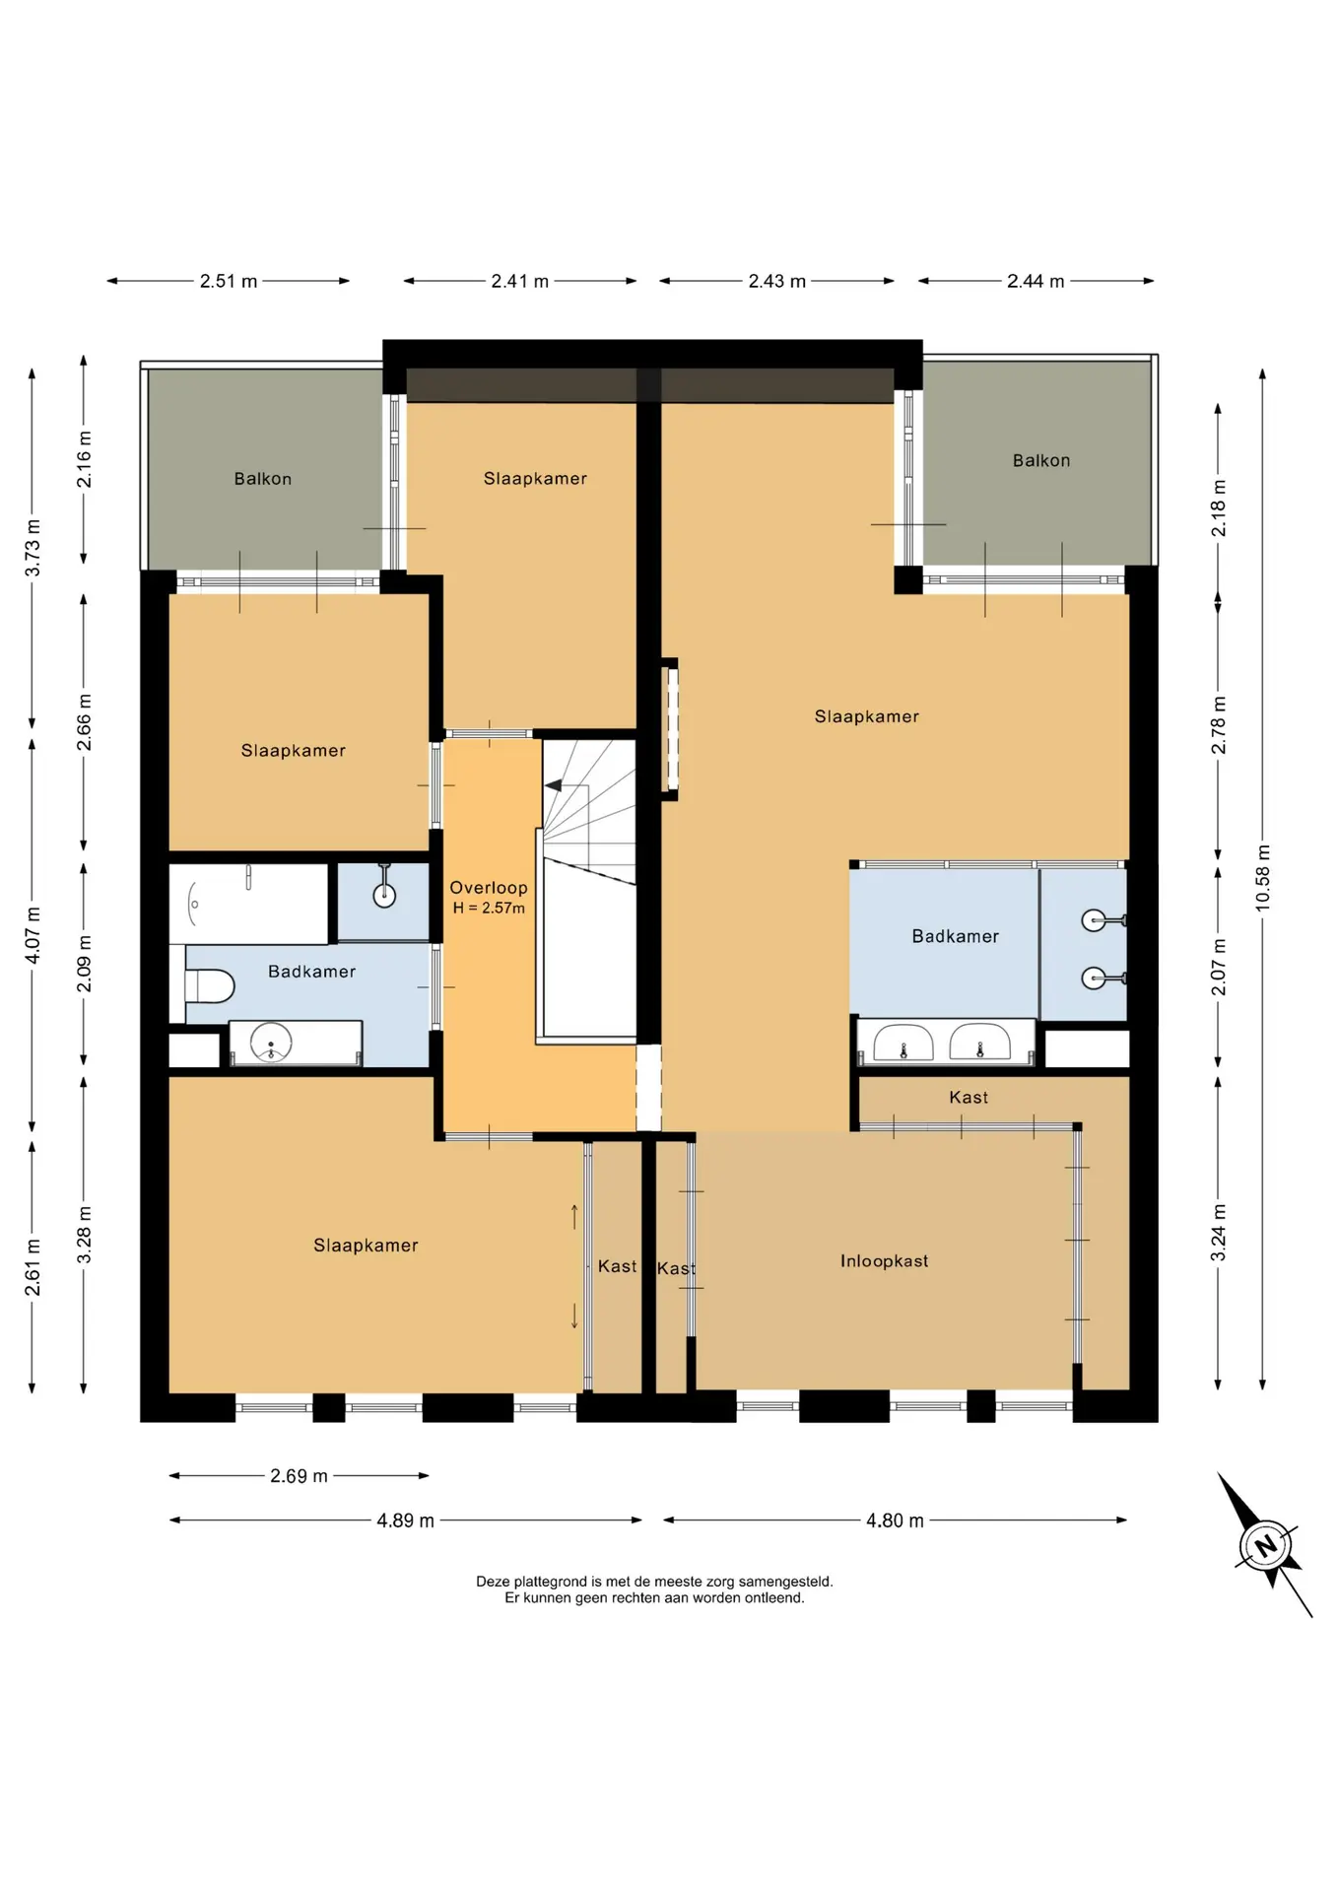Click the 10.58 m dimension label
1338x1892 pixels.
point(1263,878)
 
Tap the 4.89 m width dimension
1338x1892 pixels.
point(405,1520)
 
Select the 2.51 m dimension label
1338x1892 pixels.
point(229,282)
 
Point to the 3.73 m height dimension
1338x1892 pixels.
point(33,548)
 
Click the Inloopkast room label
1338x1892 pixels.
point(884,1261)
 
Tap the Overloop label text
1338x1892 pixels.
point(489,888)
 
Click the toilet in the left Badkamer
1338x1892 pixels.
point(209,985)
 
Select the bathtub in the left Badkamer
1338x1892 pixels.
point(248,904)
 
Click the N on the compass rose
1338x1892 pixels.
point(1266,1544)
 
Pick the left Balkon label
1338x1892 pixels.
point(262,479)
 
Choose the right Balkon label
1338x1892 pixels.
point(1041,460)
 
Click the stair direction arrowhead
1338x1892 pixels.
point(553,785)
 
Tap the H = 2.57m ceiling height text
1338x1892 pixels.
point(489,909)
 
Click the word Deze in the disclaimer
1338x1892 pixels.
point(493,1582)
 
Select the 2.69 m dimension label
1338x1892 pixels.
point(299,1476)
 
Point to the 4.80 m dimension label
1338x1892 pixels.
point(895,1520)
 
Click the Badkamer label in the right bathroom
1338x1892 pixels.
point(955,936)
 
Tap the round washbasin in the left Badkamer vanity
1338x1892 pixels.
point(271,1042)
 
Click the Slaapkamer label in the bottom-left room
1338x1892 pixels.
point(366,1246)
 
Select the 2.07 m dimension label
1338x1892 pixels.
point(1219,967)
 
